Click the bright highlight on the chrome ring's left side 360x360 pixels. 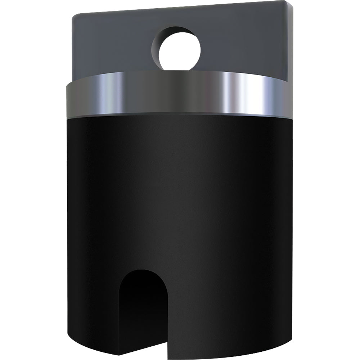(108, 94)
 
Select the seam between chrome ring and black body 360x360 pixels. (180, 115)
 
